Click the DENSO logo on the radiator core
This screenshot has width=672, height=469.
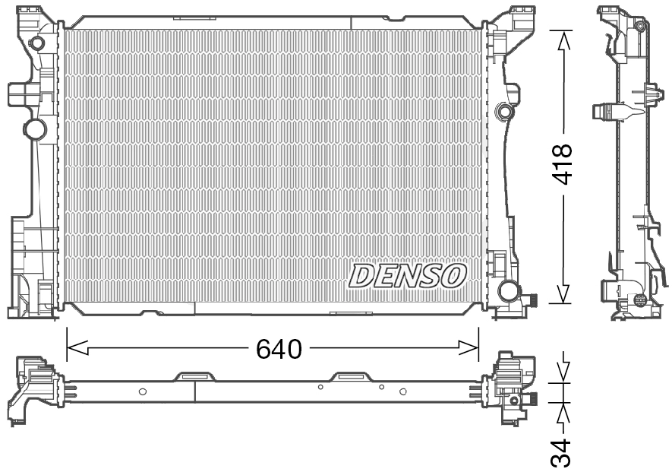click(x=407, y=276)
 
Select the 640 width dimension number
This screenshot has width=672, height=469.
click(x=279, y=349)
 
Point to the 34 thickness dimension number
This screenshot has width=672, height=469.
click(x=563, y=451)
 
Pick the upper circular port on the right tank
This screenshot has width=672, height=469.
click(x=503, y=112)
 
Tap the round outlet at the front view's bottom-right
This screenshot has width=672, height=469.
click(x=508, y=290)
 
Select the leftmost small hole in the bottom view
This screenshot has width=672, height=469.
click(x=143, y=391)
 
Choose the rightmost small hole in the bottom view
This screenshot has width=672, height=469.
click(x=403, y=391)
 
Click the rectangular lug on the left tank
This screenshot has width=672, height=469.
click(x=18, y=93)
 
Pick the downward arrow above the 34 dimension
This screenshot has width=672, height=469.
click(x=563, y=371)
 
